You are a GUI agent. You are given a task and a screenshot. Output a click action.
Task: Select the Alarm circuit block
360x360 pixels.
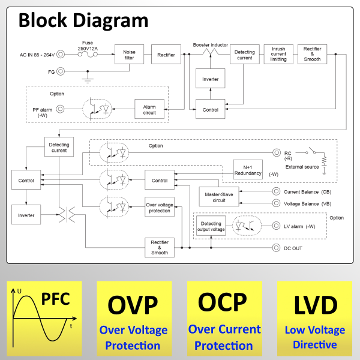pos(149,109)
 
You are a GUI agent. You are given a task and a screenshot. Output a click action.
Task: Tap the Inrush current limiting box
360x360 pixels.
pos(278,55)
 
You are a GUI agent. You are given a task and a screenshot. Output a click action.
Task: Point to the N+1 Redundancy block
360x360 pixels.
pos(248,170)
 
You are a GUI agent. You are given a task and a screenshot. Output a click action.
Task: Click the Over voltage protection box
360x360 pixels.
pos(159,208)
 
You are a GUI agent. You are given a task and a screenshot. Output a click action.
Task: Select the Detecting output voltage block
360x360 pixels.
pos(211,226)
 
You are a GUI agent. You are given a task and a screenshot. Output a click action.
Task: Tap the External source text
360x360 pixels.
pos(302,166)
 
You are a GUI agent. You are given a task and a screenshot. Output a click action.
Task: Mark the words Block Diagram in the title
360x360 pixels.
pos(83,20)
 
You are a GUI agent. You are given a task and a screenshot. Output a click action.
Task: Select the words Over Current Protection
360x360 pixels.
pos(224,337)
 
